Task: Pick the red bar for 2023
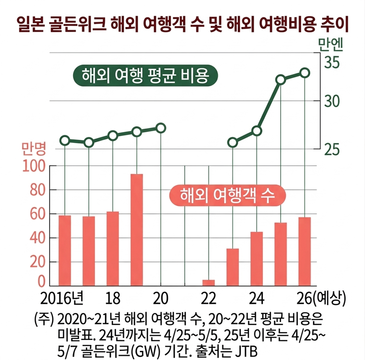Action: [233, 267]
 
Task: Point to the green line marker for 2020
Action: [161, 128]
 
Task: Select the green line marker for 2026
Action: [305, 73]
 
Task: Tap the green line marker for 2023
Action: [233, 143]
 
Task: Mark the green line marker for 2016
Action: [65, 140]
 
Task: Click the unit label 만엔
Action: [332, 44]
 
